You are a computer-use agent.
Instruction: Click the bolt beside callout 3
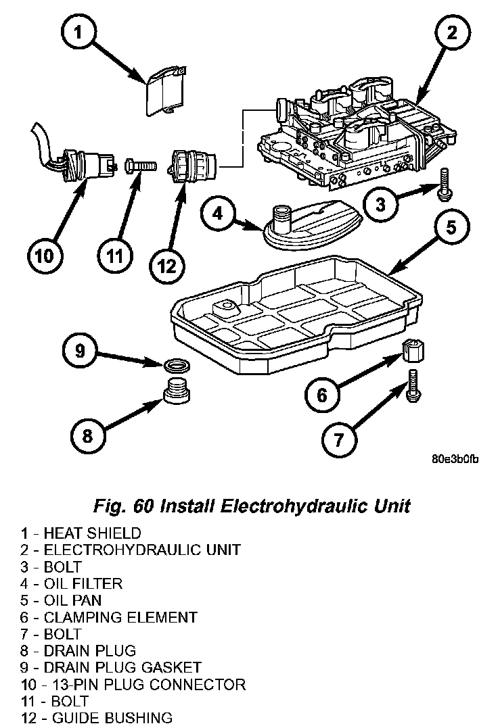point(445,183)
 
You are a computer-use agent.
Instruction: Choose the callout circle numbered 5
point(450,228)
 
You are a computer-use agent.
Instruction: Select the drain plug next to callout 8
point(177,391)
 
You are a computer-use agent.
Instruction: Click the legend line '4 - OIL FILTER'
point(71,583)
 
